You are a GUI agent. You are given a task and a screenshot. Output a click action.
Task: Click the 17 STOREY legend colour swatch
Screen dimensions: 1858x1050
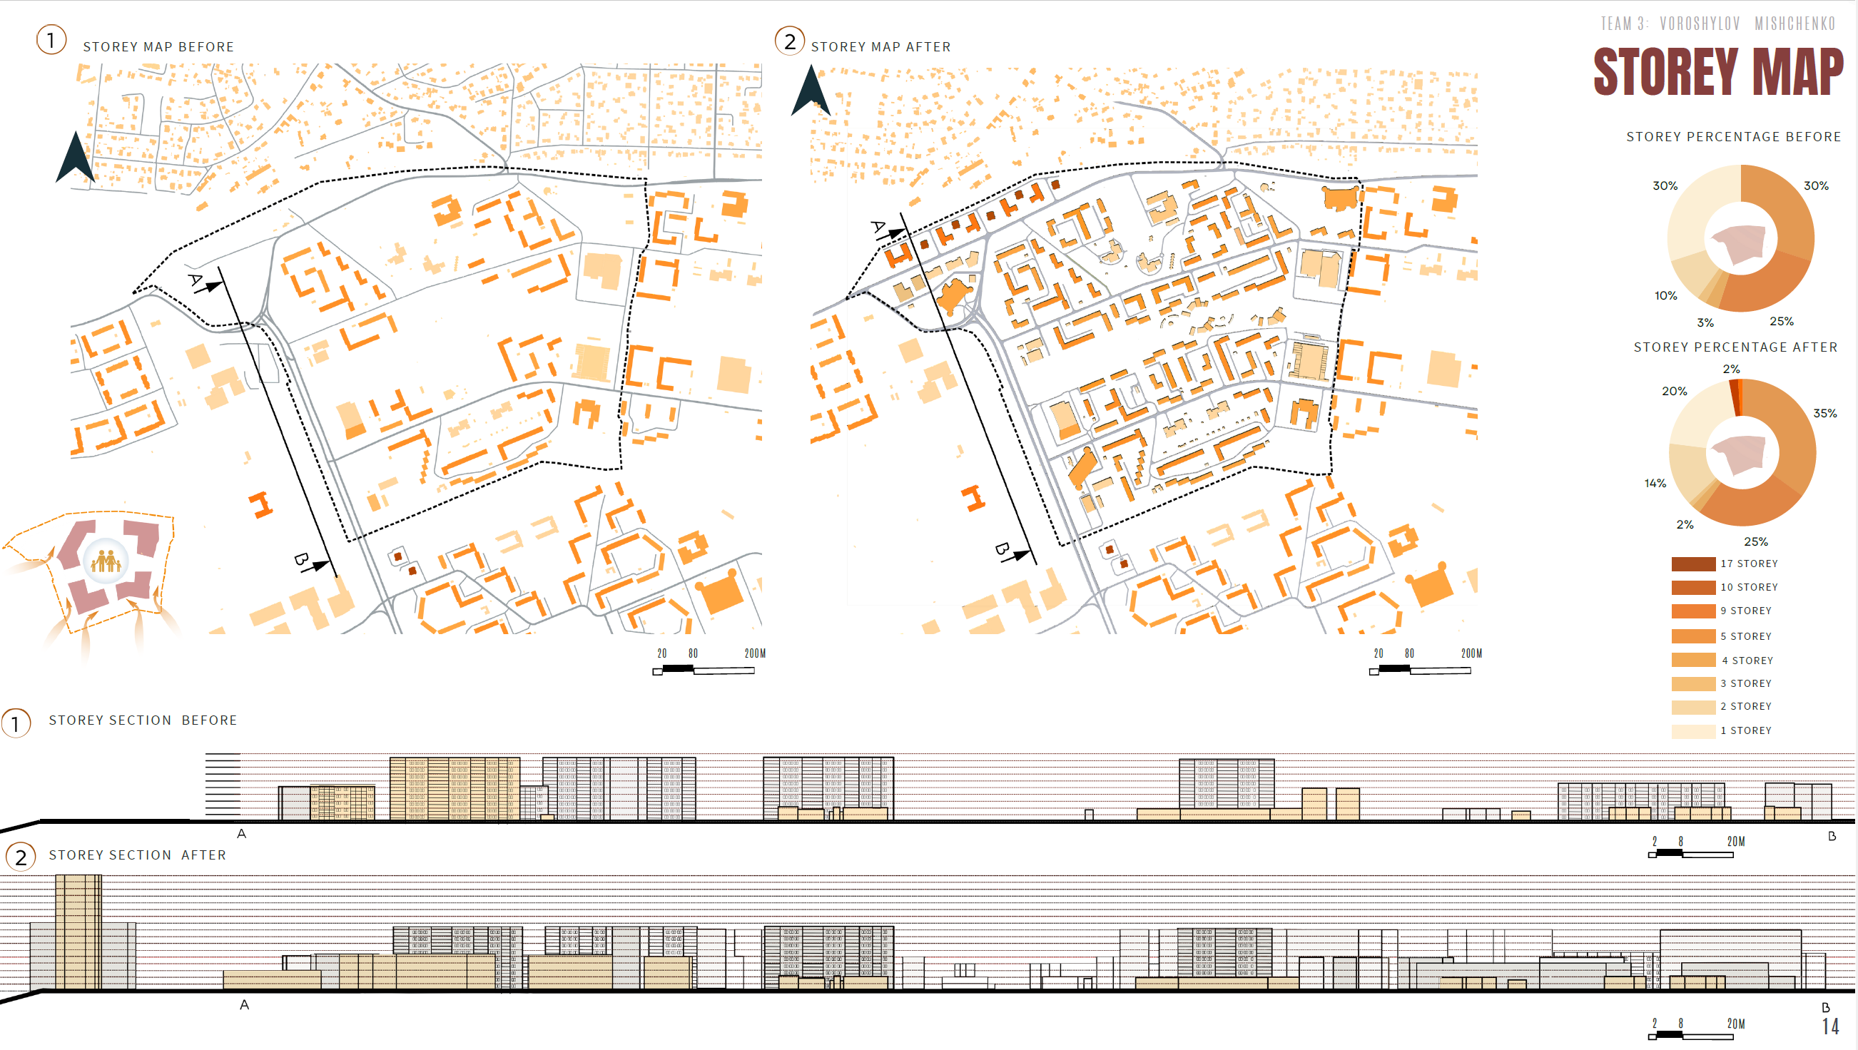(x=1693, y=564)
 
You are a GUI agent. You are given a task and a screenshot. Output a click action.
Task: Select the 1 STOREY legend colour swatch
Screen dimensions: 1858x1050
(x=1693, y=730)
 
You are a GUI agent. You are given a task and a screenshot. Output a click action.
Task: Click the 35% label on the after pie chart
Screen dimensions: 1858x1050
(x=1825, y=413)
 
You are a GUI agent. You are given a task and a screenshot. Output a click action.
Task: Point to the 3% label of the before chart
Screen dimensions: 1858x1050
(x=1705, y=322)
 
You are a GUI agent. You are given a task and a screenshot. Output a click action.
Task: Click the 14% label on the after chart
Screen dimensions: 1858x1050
(x=1655, y=483)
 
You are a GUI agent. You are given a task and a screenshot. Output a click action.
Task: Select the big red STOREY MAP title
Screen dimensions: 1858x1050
(x=1718, y=71)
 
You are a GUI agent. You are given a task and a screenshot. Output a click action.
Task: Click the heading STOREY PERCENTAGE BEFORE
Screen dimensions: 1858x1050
(x=1733, y=137)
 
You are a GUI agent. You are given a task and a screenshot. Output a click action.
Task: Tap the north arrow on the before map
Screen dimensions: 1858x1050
(x=75, y=157)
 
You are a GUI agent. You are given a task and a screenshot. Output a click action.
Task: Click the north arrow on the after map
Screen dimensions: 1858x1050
(x=811, y=91)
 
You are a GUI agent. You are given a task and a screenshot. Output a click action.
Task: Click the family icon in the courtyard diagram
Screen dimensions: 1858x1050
(x=106, y=561)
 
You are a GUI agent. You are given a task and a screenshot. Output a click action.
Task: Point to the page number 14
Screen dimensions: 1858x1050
(x=1831, y=1026)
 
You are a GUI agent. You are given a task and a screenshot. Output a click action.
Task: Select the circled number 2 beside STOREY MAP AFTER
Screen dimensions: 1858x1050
(x=790, y=41)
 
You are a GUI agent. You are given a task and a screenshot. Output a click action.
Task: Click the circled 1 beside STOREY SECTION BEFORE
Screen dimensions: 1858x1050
(x=16, y=723)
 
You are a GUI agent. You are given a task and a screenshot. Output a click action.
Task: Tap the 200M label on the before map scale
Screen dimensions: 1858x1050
(x=754, y=653)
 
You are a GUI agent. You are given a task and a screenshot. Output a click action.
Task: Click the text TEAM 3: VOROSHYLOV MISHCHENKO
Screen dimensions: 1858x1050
(x=1718, y=24)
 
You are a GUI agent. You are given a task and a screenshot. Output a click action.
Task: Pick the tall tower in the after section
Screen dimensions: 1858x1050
(x=78, y=932)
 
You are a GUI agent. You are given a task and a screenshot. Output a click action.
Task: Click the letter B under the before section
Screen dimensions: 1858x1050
(x=1832, y=836)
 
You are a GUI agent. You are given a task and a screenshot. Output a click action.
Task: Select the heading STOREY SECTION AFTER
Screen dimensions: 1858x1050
(x=137, y=855)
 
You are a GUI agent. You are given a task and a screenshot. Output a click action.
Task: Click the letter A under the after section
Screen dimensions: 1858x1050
(x=245, y=1004)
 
